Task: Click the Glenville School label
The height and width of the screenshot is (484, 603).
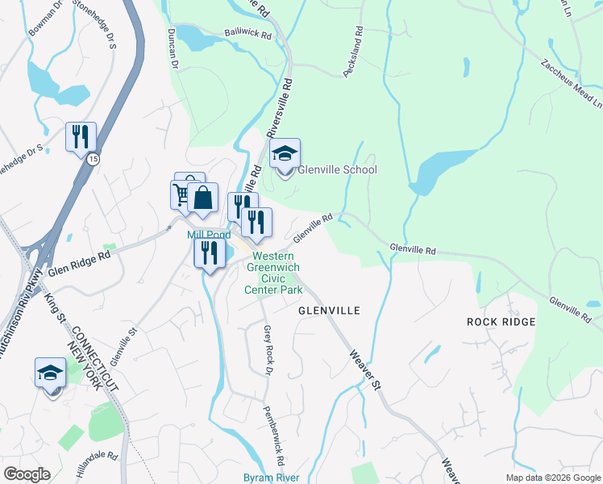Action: [x=337, y=170]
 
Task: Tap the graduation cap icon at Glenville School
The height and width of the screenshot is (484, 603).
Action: [x=284, y=152]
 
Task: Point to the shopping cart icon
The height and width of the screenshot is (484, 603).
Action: [x=181, y=194]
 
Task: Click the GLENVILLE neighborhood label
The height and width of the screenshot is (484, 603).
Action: [x=328, y=311]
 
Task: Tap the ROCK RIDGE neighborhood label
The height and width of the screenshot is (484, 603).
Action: [x=501, y=322]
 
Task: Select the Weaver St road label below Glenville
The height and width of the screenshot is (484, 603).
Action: [x=365, y=369]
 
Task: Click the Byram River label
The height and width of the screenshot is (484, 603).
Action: [x=272, y=478]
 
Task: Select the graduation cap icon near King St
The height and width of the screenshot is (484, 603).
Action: [x=50, y=373]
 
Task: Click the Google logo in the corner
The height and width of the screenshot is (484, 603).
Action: [x=27, y=474]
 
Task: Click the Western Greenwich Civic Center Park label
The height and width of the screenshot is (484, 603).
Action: [x=274, y=273]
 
